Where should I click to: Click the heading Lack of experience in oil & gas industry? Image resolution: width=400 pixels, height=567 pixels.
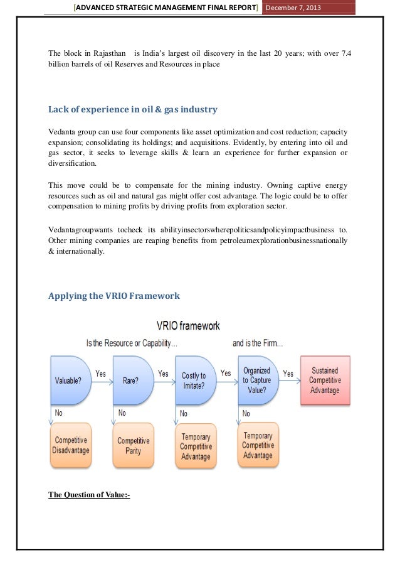(x=133, y=110)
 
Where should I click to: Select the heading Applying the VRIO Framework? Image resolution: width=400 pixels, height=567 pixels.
(x=114, y=296)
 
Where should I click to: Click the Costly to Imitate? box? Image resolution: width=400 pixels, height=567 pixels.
(x=195, y=381)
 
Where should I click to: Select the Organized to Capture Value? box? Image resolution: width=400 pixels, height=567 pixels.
(x=257, y=380)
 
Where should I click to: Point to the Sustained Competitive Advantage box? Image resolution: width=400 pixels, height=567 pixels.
(x=325, y=381)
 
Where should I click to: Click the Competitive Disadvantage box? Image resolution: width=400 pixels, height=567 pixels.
(x=71, y=445)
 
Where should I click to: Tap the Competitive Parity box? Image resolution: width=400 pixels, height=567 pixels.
(x=133, y=445)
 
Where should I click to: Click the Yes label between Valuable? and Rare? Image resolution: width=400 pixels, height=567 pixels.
(x=100, y=374)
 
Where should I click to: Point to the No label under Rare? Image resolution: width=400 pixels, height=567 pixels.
(x=122, y=413)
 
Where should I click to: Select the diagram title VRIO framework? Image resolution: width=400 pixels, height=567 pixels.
(x=187, y=327)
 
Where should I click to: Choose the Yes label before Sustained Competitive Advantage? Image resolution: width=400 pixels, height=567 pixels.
(x=288, y=374)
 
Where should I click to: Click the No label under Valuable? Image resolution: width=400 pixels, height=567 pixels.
(x=58, y=413)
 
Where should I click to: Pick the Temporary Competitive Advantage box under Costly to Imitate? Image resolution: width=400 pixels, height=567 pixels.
(x=196, y=446)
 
